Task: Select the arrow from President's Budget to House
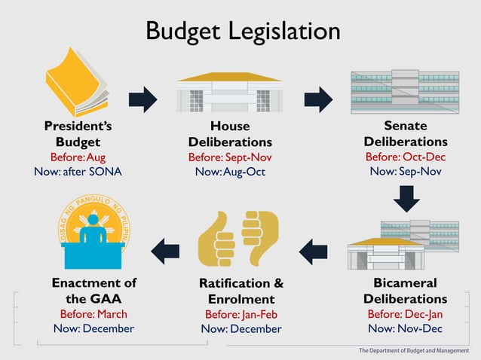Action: click(142, 99)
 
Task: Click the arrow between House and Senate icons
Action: click(318, 99)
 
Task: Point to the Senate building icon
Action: click(405, 91)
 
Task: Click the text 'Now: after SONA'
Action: click(78, 171)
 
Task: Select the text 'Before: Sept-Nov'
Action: click(230, 157)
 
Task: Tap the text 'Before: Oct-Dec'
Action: click(405, 157)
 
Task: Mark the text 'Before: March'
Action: click(93, 314)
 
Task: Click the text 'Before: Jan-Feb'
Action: click(241, 314)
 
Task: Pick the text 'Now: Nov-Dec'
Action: click(405, 328)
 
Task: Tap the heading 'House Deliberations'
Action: click(230, 134)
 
